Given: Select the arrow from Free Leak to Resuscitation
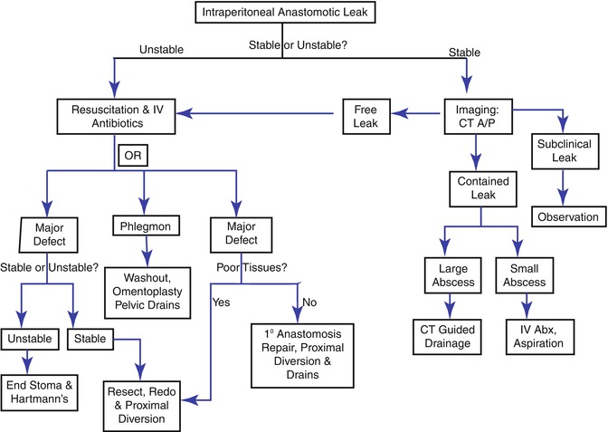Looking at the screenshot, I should pyautogui.click(x=271, y=113).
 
